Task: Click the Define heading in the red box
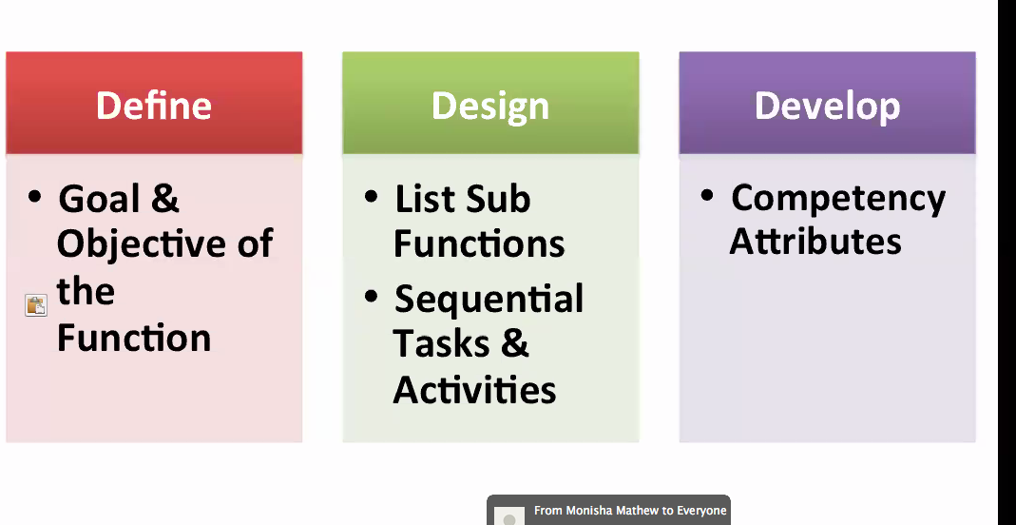tap(154, 105)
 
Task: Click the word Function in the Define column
tap(134, 338)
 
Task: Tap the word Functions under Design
tap(479, 244)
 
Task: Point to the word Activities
tap(474, 390)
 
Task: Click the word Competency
tap(838, 200)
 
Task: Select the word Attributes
tap(815, 242)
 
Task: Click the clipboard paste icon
tap(36, 304)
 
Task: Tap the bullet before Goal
tap(34, 196)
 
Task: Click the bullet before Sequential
tap(371, 297)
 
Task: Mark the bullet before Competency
tap(707, 195)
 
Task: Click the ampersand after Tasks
tap(514, 343)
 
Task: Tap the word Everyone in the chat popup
tap(701, 512)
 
